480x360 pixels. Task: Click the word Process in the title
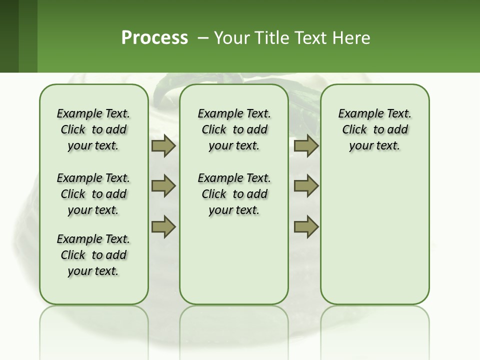click(x=154, y=37)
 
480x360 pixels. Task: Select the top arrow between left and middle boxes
click(x=163, y=146)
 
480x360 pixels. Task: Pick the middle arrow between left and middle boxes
click(x=163, y=186)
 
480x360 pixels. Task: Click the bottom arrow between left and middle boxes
click(x=163, y=227)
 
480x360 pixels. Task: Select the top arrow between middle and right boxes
click(x=306, y=146)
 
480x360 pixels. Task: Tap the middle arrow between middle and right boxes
click(x=306, y=186)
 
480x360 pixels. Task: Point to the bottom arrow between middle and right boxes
click(x=306, y=227)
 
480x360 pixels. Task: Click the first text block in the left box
click(x=93, y=129)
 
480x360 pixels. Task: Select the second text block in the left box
click(x=93, y=194)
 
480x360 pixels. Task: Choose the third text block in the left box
click(x=93, y=255)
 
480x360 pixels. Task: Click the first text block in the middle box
click(x=234, y=129)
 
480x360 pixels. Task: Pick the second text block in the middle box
click(x=234, y=194)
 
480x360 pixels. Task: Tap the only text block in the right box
click(x=374, y=129)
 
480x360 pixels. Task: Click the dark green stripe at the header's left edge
click(x=9, y=36)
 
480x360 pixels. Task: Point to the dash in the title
click(x=203, y=38)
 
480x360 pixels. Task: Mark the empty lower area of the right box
click(x=374, y=235)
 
